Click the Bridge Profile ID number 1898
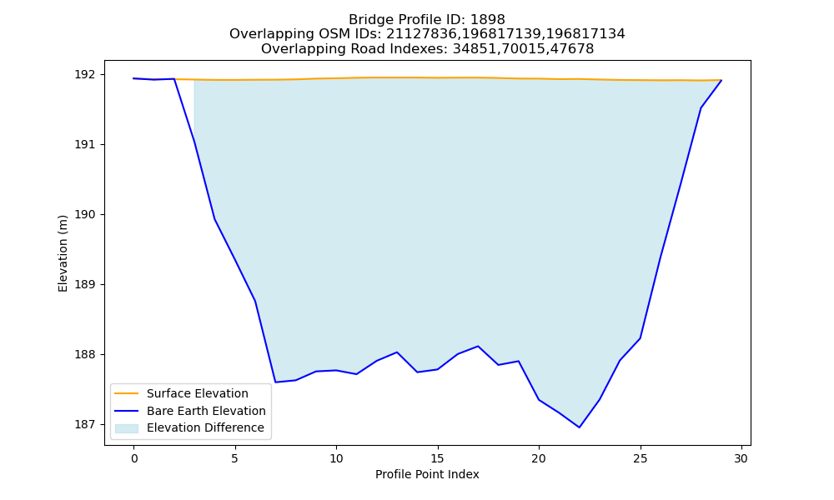(488, 20)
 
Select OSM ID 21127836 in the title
(420, 34)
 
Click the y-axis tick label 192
(83, 75)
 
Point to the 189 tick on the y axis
(83, 285)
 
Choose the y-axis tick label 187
(83, 424)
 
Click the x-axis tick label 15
(438, 458)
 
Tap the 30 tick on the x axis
(741, 458)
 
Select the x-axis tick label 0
(134, 458)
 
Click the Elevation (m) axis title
(63, 253)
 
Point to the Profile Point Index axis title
(427, 474)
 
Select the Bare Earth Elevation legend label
(206, 411)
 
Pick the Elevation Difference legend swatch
(127, 428)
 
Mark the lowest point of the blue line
(580, 427)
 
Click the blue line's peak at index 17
(478, 346)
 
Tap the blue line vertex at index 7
(275, 382)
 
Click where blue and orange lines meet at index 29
(721, 80)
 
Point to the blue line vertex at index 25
(640, 338)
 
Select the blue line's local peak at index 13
(397, 352)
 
